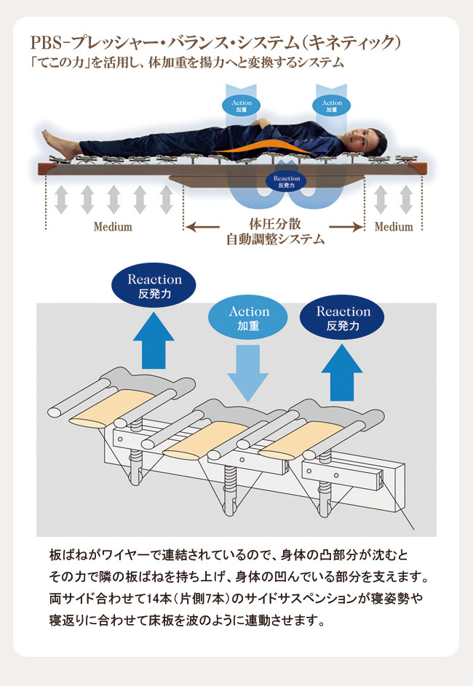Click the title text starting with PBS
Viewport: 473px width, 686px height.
(x=215, y=43)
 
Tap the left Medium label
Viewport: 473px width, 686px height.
(x=113, y=227)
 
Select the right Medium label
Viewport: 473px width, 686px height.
(x=394, y=227)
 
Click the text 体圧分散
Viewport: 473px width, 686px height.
(x=275, y=224)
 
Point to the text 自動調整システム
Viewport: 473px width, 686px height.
(x=275, y=239)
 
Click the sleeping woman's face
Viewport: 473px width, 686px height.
(x=360, y=139)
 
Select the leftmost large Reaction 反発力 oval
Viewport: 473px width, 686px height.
(x=154, y=285)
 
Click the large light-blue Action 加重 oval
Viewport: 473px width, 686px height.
(x=248, y=318)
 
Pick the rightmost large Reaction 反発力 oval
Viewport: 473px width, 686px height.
(x=342, y=318)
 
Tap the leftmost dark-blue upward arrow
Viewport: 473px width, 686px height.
(x=154, y=340)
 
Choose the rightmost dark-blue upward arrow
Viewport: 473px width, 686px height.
(x=342, y=372)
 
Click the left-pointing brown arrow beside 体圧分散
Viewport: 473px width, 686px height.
(x=202, y=227)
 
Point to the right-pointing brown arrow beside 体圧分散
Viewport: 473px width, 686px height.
(x=346, y=227)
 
